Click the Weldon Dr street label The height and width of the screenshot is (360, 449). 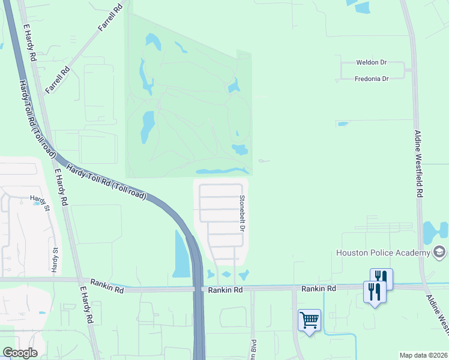(x=373, y=62)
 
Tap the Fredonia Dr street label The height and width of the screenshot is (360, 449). (x=372, y=79)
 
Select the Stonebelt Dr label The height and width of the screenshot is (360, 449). (x=243, y=214)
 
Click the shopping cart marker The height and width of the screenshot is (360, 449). (x=309, y=320)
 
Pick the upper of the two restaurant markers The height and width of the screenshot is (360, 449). (x=381, y=278)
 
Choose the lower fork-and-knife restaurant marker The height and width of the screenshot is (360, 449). (x=374, y=292)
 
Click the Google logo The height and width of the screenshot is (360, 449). (x=20, y=353)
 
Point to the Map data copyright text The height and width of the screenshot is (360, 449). (x=423, y=355)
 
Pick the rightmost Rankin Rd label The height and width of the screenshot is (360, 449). (x=318, y=289)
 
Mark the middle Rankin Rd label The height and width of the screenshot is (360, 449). (x=225, y=290)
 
